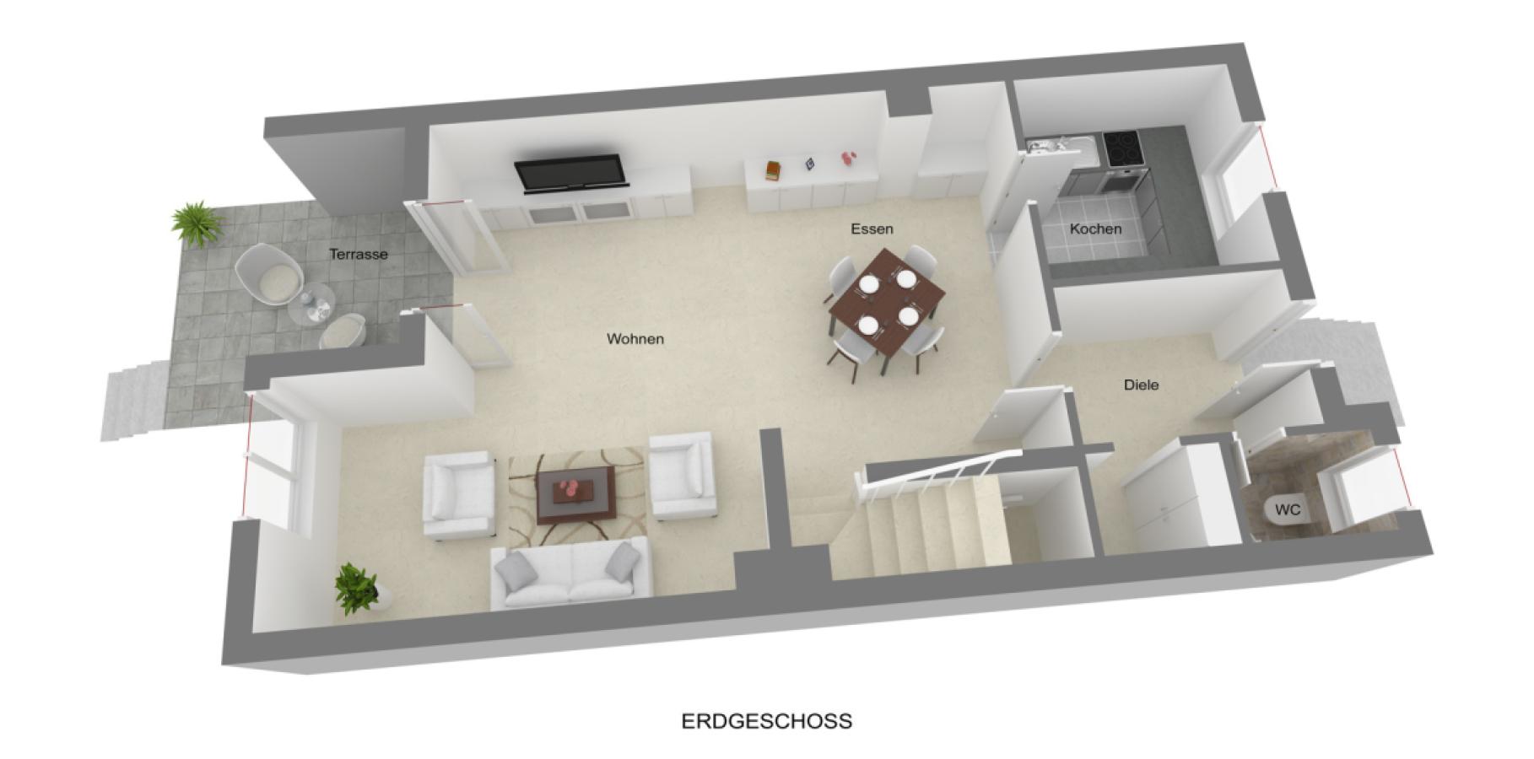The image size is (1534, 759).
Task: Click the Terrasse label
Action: tap(359, 254)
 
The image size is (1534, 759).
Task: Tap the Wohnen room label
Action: tap(635, 339)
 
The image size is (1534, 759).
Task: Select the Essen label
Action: tap(872, 229)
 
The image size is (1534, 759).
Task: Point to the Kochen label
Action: tap(1095, 229)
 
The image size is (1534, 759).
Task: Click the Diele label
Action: tap(1141, 385)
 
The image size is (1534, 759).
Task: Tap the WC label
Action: tap(1287, 509)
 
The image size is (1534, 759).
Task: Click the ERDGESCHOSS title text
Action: tap(766, 721)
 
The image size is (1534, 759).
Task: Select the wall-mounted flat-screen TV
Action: tap(571, 172)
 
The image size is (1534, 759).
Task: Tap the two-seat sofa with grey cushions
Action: tap(570, 573)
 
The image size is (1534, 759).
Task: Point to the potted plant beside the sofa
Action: tap(357, 587)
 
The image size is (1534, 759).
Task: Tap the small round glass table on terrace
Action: tap(311, 303)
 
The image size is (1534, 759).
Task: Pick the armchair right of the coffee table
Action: tap(680, 475)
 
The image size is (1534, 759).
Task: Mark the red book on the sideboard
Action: tap(771, 170)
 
